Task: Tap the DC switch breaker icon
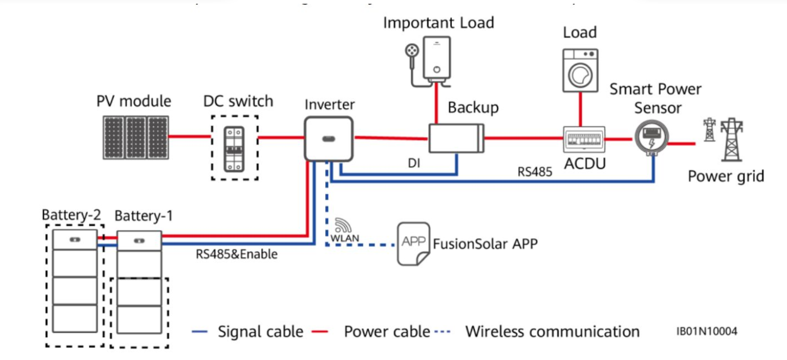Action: click(x=234, y=147)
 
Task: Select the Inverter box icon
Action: click(x=328, y=138)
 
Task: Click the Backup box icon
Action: click(x=456, y=138)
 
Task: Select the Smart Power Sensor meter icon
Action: click(x=650, y=139)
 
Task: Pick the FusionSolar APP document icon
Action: click(x=413, y=243)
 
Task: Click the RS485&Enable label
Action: click(x=237, y=254)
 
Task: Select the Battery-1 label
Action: click(x=144, y=216)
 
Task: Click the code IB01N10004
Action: click(x=707, y=331)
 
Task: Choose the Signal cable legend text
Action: click(x=261, y=331)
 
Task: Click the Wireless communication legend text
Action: click(x=552, y=331)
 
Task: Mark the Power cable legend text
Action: click(x=387, y=331)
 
